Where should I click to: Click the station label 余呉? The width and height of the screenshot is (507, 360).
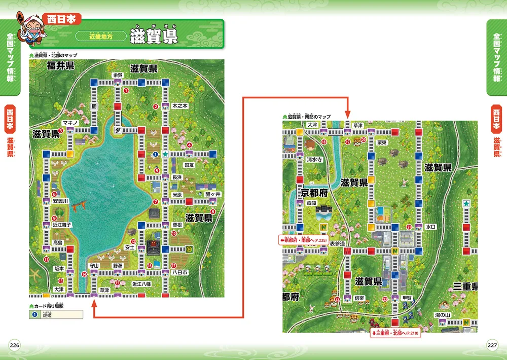pos(118,75)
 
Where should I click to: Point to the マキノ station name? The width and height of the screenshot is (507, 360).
pos(69,123)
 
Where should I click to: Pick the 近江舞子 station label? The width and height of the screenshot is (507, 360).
pos(62,224)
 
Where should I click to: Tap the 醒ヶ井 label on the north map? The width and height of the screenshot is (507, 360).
pos(213,194)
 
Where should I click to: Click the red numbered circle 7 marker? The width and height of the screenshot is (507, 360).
pos(156,202)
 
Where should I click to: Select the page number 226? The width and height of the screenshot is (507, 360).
pos(14,345)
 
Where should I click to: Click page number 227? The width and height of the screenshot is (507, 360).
pos(492,345)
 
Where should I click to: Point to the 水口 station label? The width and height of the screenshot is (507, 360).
pos(430,227)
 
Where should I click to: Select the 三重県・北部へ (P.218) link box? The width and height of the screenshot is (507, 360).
pos(395,333)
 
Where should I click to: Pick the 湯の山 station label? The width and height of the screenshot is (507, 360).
pos(442,315)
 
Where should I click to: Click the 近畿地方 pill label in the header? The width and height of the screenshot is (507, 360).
pos(100,37)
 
